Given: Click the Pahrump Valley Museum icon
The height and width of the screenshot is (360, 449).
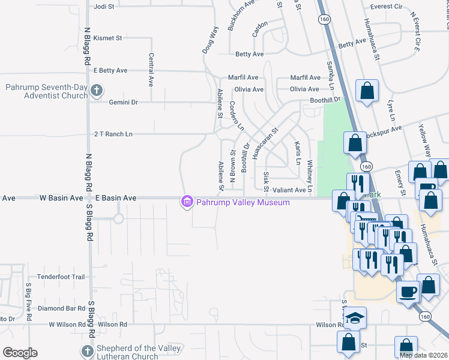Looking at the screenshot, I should click(187, 202).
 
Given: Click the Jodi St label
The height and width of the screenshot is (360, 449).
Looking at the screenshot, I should click(104, 7).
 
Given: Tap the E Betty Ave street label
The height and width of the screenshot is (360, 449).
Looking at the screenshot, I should click(110, 70).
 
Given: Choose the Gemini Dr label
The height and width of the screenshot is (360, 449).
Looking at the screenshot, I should click(123, 103).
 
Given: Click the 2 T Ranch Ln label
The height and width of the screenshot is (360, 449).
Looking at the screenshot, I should click(113, 134).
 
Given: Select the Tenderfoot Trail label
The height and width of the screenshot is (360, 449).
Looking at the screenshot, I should click(61, 277).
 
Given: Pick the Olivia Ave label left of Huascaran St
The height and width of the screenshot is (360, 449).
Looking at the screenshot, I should click(249, 89).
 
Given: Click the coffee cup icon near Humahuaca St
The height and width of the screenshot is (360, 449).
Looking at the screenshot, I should click(408, 292).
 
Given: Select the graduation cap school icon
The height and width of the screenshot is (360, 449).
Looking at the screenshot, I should click(355, 317).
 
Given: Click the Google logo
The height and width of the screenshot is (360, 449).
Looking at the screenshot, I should click(19, 353).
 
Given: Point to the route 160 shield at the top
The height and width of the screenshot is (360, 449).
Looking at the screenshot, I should click(325, 20).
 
